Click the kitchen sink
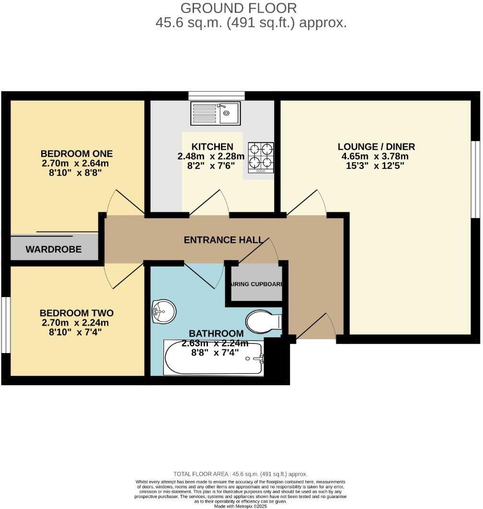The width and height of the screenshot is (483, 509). pyautogui.click(x=216, y=113)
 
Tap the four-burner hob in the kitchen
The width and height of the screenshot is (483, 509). pyautogui.click(x=261, y=158)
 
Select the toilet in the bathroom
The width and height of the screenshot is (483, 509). pyautogui.click(x=263, y=320)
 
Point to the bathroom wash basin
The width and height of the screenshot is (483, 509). pyautogui.click(x=163, y=312)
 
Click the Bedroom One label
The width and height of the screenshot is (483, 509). pyautogui.click(x=77, y=154)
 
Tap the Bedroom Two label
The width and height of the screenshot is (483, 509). pyautogui.click(x=77, y=313)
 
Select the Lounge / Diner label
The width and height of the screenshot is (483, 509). pyautogui.click(x=376, y=147)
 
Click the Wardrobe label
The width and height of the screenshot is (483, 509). pyautogui.click(x=54, y=249)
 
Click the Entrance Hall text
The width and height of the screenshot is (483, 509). pyautogui.click(x=223, y=240)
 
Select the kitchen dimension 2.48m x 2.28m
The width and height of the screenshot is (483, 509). pyautogui.click(x=211, y=156)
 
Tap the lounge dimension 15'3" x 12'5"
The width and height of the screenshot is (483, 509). pyautogui.click(x=376, y=166)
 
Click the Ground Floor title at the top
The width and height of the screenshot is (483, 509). pyautogui.click(x=239, y=8)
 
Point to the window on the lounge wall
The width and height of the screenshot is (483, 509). pyautogui.click(x=476, y=179)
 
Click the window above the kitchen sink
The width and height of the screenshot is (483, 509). pyautogui.click(x=217, y=96)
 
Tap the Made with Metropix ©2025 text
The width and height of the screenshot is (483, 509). pyautogui.click(x=241, y=506)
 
